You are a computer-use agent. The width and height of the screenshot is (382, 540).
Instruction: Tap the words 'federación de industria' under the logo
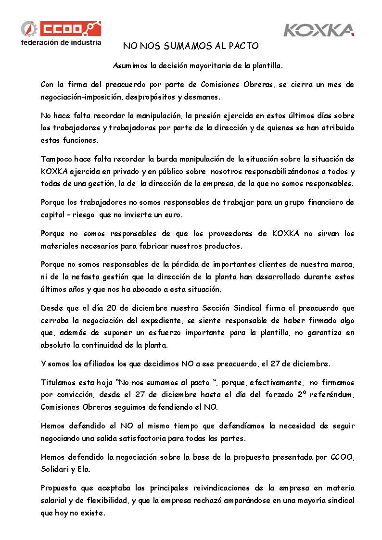(x=61, y=42)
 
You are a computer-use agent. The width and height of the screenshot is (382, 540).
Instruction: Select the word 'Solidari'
(x=57, y=469)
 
